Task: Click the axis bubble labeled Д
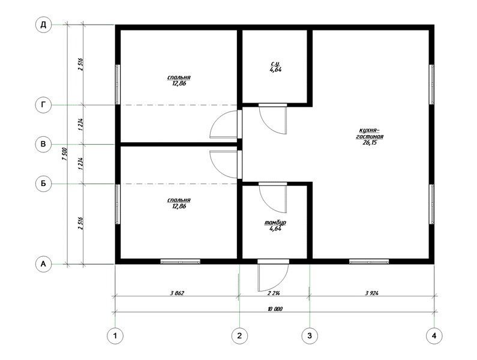[x=44, y=25]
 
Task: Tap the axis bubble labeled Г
[x=44, y=105]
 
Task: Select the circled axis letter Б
[x=44, y=184]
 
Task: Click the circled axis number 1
[x=115, y=336]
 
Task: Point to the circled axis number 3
[x=310, y=336]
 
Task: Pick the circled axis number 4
[x=434, y=336]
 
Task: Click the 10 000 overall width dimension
[x=275, y=309]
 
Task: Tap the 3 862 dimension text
[x=178, y=293]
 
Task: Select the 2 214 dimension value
[x=274, y=293]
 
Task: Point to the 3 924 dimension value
[x=372, y=293]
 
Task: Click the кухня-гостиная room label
[x=370, y=133]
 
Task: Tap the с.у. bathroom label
[x=275, y=64]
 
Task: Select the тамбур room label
[x=275, y=223]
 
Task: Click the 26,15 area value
[x=370, y=142]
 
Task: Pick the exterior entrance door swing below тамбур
[x=272, y=275]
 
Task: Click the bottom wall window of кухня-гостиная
[x=369, y=262]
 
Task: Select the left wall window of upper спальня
[x=118, y=85]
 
